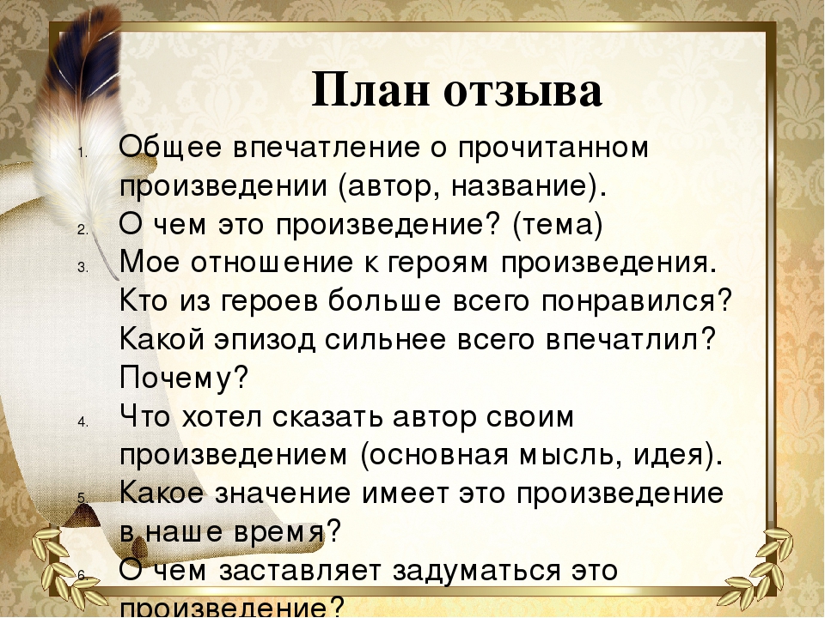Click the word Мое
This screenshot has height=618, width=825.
point(148,262)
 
